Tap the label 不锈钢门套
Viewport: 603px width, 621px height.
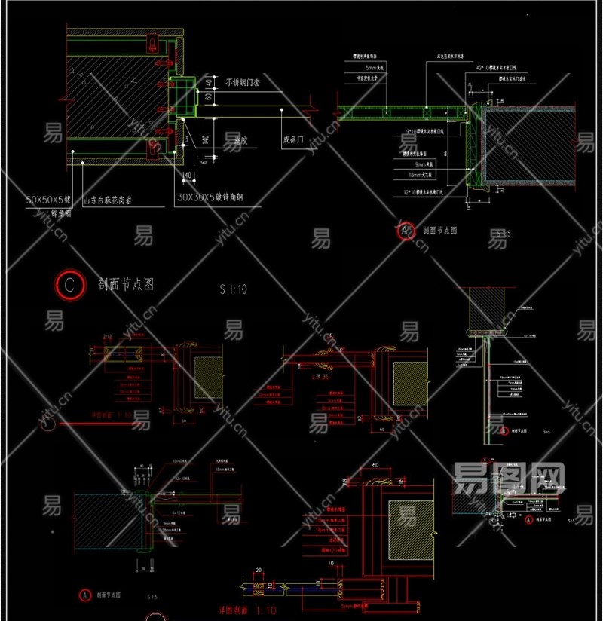coord(247,82)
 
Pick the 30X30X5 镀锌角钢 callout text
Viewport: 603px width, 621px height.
coord(210,197)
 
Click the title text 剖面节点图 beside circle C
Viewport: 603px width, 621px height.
coord(127,285)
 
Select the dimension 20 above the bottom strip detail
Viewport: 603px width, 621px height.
coord(259,571)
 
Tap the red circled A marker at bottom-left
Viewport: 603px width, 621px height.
coord(84,595)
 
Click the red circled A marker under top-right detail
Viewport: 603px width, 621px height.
coord(406,231)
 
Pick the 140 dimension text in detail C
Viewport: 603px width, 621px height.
coord(205,139)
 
